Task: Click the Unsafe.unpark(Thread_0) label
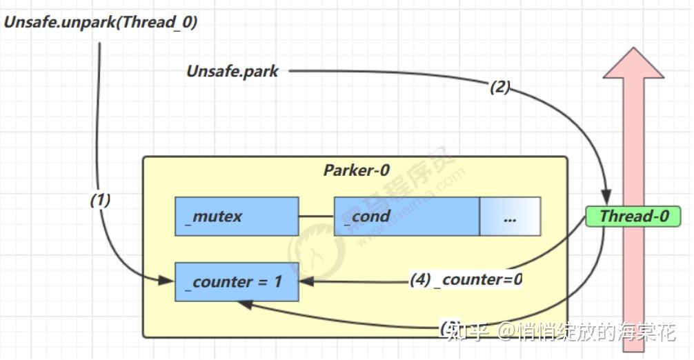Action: coord(101,21)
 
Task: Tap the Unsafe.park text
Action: coord(232,71)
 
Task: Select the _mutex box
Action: coord(236,216)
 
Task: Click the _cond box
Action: coord(406,216)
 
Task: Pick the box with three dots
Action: coord(510,216)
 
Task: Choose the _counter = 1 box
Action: coord(236,281)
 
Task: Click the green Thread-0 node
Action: coord(633,216)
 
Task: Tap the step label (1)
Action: coord(100,200)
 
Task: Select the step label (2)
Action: coord(499,87)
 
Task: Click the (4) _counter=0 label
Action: coord(466,279)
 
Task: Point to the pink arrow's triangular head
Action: coord(633,63)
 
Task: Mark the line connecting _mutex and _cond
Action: coord(316,216)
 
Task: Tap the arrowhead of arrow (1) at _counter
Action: coord(167,281)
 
